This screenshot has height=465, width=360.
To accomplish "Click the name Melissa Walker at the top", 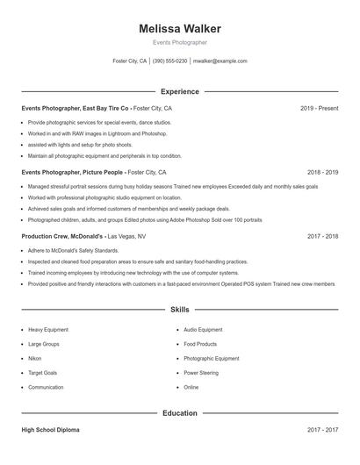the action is [x=180, y=29].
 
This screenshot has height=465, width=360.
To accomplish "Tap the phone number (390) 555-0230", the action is [x=169, y=61].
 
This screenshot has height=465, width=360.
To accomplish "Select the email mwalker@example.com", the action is [x=220, y=61].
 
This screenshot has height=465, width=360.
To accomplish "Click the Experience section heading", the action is [x=180, y=91].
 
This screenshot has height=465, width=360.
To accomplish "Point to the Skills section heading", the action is [x=180, y=310].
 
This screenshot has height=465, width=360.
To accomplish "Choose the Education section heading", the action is [x=180, y=412].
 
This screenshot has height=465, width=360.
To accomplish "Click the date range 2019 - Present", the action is [x=319, y=108].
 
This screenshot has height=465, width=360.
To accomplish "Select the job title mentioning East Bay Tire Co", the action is [x=75, y=108].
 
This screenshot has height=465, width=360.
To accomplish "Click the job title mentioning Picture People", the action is [x=73, y=173].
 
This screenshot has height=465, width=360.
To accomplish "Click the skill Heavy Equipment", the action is [x=48, y=330].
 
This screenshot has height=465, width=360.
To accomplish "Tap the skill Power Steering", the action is [x=201, y=373].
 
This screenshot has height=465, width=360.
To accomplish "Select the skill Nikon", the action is [x=35, y=359].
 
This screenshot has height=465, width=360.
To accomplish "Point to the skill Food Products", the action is [x=200, y=344].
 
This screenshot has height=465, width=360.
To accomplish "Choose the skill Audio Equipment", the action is [x=203, y=330].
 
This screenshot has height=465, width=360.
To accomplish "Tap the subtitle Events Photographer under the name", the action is [x=180, y=42].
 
